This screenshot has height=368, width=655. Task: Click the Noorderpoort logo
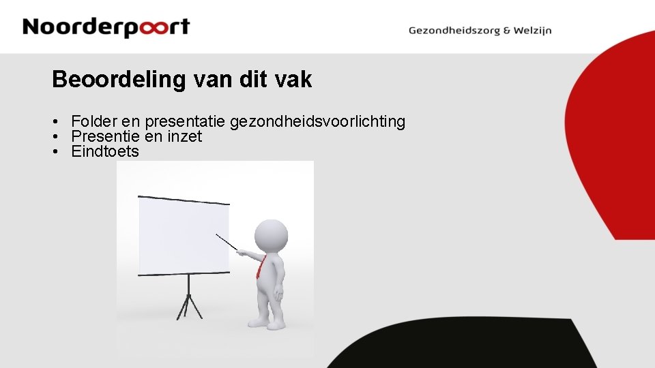pyautogui.click(x=106, y=27)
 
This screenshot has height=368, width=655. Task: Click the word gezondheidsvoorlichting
pyautogui.click(x=318, y=122)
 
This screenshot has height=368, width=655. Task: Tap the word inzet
pyautogui.click(x=184, y=136)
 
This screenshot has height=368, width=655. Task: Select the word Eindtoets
pyautogui.click(x=105, y=151)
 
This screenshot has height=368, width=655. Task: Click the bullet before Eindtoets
pyautogui.click(x=54, y=152)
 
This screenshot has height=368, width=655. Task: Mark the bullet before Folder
pyautogui.click(x=54, y=122)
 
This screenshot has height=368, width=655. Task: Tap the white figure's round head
pyautogui.click(x=271, y=236)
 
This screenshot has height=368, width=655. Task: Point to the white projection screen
pyautogui.click(x=184, y=236)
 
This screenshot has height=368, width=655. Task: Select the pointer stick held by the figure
pyautogui.click(x=227, y=242)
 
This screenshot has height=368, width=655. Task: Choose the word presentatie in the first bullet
pyautogui.click(x=185, y=122)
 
